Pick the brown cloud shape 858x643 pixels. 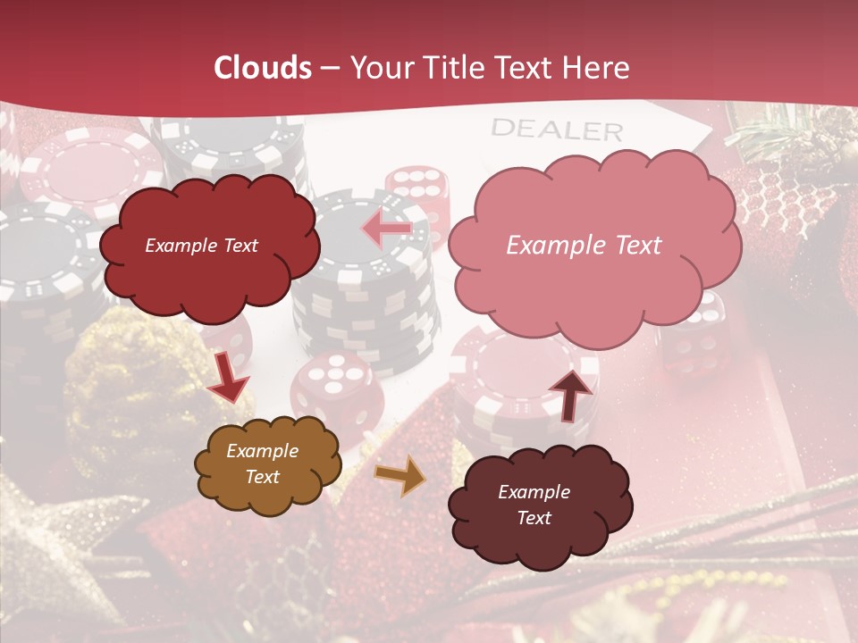267,464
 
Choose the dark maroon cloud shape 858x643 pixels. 539,505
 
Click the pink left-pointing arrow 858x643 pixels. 387,230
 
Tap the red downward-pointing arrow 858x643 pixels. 228,377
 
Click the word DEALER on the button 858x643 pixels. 556,130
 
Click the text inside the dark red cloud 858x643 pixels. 201,246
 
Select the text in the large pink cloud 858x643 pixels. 584,246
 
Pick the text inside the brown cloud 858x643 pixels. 263,464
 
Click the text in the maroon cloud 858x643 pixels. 534,505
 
